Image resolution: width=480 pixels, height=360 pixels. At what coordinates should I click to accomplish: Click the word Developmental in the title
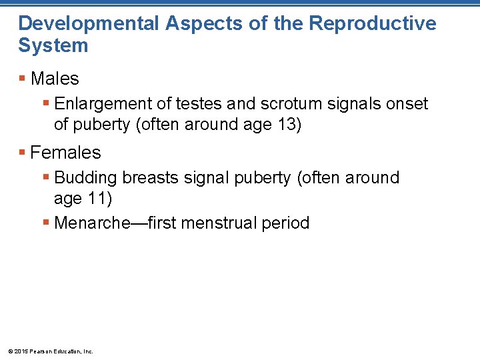(88, 23)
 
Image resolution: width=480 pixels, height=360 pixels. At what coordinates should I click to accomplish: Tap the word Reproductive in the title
(373, 23)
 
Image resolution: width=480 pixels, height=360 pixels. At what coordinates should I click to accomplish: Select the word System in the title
(53, 46)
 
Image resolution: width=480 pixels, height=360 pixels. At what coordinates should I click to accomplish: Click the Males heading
(55, 79)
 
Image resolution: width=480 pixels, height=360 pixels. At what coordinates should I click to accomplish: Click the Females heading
(65, 153)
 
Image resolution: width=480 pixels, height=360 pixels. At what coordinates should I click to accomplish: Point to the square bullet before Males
(23, 79)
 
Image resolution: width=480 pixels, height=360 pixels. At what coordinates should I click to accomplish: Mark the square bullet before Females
(23, 153)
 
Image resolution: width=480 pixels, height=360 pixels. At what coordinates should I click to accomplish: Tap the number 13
(285, 125)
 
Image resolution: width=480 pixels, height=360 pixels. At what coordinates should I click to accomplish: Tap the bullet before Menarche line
(45, 223)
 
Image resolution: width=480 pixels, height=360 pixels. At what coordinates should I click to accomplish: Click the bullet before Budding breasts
(45, 178)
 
